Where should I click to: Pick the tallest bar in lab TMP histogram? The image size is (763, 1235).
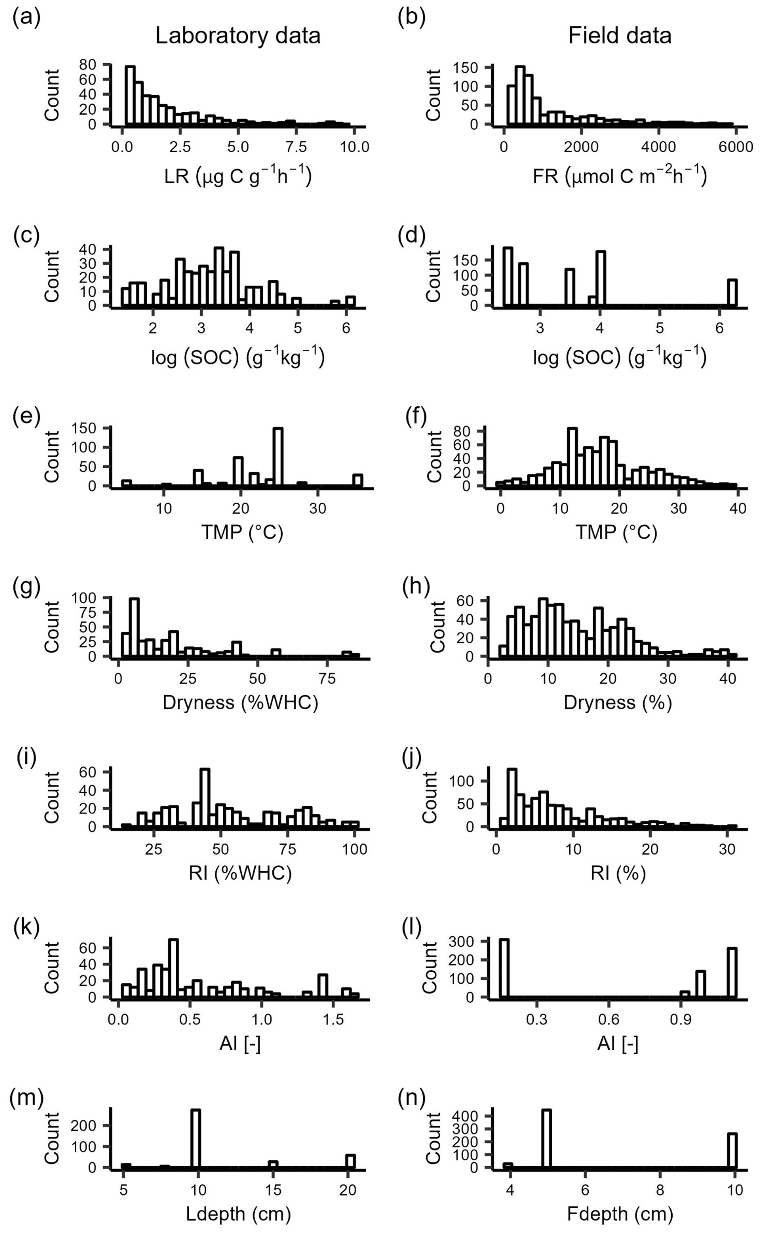point(277,457)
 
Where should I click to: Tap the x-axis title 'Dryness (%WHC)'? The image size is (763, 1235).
point(240,703)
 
